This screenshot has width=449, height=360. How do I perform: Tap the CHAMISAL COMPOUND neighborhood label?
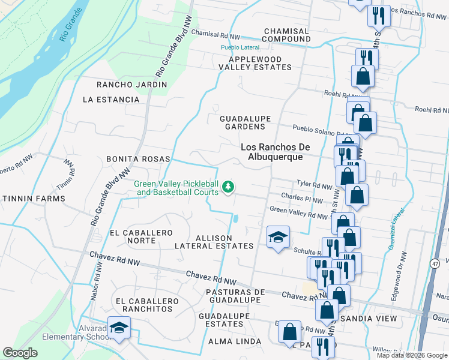point(286,35)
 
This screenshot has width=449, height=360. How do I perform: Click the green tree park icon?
point(228,187)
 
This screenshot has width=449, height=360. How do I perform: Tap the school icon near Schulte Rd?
point(278,238)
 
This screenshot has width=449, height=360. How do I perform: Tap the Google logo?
point(20,352)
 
